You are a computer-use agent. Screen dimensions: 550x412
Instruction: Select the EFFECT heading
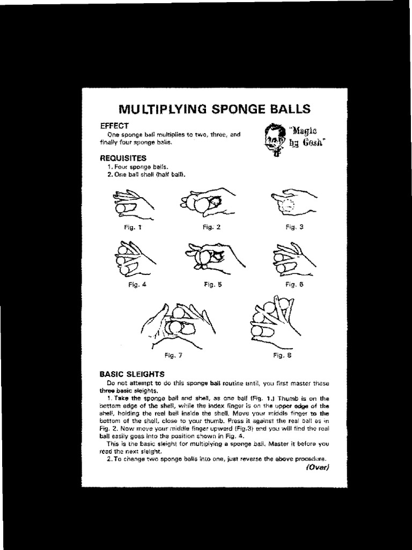click(x=114, y=125)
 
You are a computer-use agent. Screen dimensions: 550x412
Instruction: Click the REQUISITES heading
click(x=122, y=158)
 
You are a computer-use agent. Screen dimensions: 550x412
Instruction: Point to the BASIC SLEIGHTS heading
click(x=132, y=374)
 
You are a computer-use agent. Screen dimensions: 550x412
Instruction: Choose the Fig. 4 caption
click(x=137, y=285)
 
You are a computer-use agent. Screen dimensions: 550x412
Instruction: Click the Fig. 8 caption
click(x=282, y=355)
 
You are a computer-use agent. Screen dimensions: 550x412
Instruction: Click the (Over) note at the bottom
click(x=318, y=467)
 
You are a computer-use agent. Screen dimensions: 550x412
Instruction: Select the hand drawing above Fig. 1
click(x=131, y=204)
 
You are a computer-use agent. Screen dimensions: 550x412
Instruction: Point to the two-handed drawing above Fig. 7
click(x=177, y=325)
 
